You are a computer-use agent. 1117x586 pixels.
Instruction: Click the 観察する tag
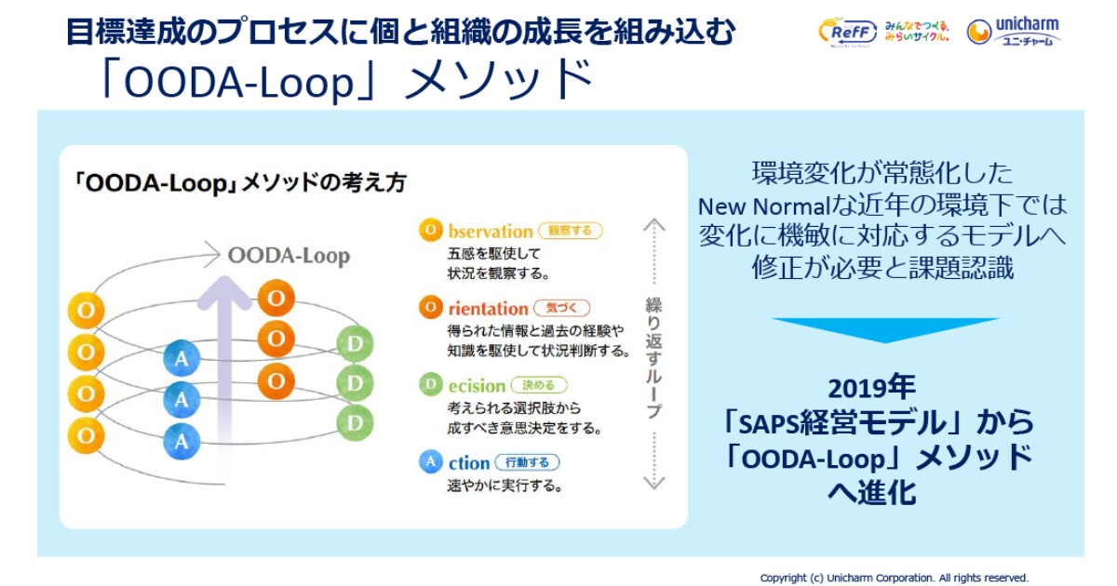(571, 231)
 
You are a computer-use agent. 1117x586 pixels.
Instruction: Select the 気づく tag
(561, 308)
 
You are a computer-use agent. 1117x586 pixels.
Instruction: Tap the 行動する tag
(527, 462)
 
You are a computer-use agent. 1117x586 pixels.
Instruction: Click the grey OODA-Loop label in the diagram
(289, 256)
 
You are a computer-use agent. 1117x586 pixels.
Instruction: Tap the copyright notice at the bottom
(894, 578)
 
